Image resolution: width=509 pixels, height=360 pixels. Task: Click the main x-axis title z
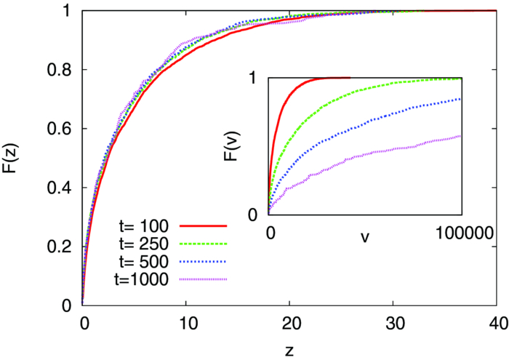(289, 350)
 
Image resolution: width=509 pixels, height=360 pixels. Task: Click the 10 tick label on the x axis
(186, 323)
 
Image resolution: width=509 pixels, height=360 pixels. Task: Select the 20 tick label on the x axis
(289, 323)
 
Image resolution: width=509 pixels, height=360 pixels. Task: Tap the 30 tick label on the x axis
(393, 323)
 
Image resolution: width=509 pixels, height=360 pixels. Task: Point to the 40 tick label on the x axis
(496, 323)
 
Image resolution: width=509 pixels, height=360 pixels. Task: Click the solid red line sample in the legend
(207, 226)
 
